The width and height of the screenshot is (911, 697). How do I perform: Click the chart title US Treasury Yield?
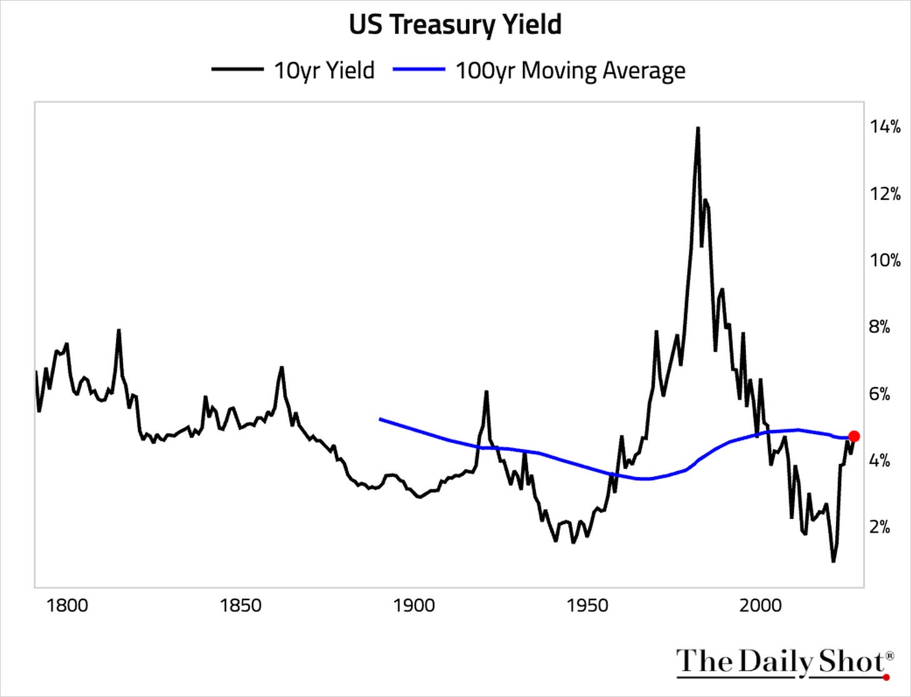[455, 25]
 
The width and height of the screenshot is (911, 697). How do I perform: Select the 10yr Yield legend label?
[324, 71]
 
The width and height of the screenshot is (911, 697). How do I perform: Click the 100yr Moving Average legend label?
[570, 71]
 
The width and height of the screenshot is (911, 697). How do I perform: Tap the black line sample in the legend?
[237, 69]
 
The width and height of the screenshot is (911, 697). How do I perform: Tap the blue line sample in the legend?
[419, 69]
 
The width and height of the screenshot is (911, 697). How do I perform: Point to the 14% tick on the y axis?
[885, 127]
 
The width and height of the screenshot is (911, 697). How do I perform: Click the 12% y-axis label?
[885, 194]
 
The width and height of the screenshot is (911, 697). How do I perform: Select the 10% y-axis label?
[885, 260]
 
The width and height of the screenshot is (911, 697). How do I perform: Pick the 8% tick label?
[880, 327]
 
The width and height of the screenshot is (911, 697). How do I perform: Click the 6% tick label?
[880, 394]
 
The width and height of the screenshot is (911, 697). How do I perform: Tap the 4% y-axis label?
[880, 461]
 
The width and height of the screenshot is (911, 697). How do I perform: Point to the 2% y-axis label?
[880, 528]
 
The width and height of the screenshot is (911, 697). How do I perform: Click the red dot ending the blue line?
[854, 437]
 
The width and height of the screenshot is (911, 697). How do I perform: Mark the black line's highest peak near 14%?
[698, 128]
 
